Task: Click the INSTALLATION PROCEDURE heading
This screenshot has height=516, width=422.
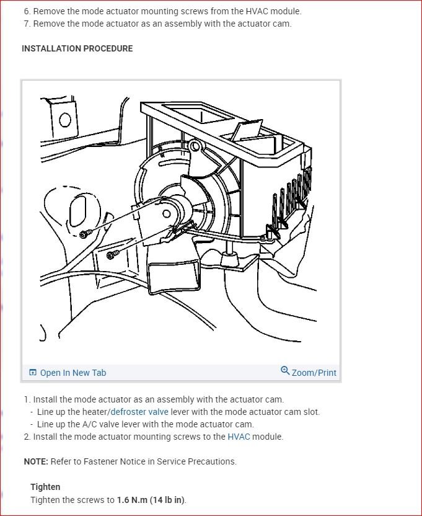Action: click(77, 48)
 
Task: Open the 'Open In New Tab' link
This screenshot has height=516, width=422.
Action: click(73, 373)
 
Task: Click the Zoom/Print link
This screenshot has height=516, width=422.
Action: click(314, 373)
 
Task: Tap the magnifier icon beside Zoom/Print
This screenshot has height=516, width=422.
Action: click(285, 371)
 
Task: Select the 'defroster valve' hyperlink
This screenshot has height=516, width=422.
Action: click(139, 412)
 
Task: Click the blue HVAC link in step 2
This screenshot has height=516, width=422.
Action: click(239, 437)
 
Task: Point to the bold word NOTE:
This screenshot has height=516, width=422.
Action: click(36, 461)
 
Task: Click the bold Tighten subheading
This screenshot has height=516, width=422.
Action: click(45, 487)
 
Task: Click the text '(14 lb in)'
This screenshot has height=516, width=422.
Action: click(167, 500)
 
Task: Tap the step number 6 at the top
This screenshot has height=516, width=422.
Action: click(27, 11)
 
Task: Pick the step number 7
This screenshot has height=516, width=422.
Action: click(27, 24)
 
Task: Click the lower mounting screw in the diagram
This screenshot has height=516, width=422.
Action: click(112, 254)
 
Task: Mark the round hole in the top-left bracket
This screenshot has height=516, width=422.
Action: click(64, 119)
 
